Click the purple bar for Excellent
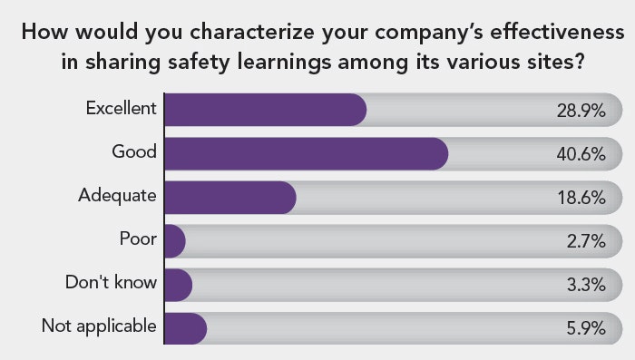(x=265, y=110)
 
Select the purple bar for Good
(x=306, y=153)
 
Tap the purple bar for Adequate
(x=230, y=197)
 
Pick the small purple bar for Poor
(x=175, y=240)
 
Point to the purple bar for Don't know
(x=178, y=284)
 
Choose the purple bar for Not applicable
(x=185, y=327)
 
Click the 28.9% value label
(x=581, y=111)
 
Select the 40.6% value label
(x=581, y=154)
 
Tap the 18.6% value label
(x=581, y=198)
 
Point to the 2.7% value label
(x=585, y=241)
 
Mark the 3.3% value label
(x=585, y=285)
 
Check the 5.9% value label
(x=585, y=328)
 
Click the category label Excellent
(x=122, y=109)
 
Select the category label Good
(x=134, y=152)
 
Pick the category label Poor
(x=138, y=239)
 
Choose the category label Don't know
(x=111, y=283)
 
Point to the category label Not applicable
(x=99, y=326)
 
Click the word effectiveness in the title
(x=544, y=34)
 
